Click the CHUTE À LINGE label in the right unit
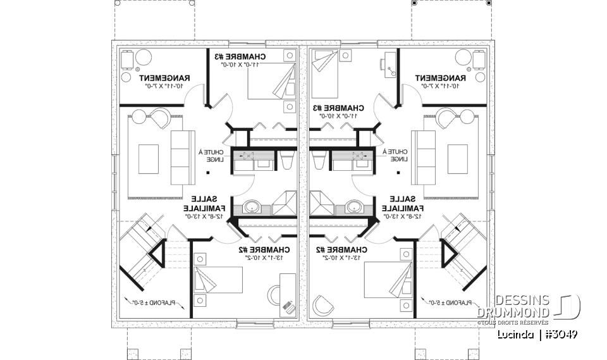398,155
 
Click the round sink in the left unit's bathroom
252,206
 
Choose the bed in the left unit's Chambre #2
218,282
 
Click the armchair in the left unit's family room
158,119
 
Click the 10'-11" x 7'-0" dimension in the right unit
440,85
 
